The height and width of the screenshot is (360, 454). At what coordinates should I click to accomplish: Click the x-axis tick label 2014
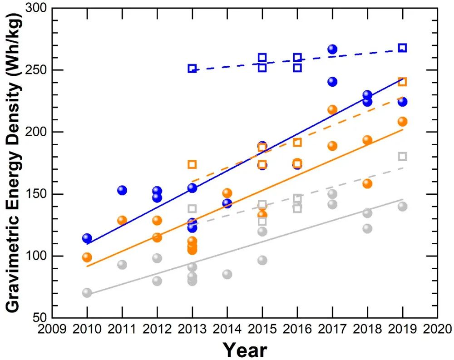(x=227, y=329)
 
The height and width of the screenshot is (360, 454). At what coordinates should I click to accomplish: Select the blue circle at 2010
(x=87, y=238)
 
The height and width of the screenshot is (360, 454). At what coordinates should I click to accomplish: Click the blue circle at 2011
(x=122, y=190)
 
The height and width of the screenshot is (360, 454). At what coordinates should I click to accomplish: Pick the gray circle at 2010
(x=87, y=293)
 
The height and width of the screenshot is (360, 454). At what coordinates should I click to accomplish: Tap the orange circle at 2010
(x=87, y=257)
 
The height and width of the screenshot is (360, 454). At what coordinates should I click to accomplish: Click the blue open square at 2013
(x=192, y=69)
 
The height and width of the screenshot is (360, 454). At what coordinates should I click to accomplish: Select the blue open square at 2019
(x=402, y=48)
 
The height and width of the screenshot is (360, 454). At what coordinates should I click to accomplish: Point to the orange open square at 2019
(x=402, y=82)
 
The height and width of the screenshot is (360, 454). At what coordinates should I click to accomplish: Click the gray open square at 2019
(x=402, y=157)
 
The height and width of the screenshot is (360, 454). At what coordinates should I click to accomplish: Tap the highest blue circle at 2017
(x=332, y=49)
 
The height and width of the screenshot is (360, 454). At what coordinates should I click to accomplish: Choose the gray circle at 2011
(x=122, y=265)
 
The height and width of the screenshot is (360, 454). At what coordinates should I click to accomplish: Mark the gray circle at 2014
(x=227, y=274)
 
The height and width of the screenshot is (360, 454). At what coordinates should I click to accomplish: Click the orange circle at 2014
(x=227, y=193)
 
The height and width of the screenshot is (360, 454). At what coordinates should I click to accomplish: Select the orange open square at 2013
(x=192, y=164)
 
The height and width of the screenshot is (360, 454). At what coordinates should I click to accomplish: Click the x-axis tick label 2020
(x=437, y=329)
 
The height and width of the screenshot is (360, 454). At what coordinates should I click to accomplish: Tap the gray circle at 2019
(x=402, y=206)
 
